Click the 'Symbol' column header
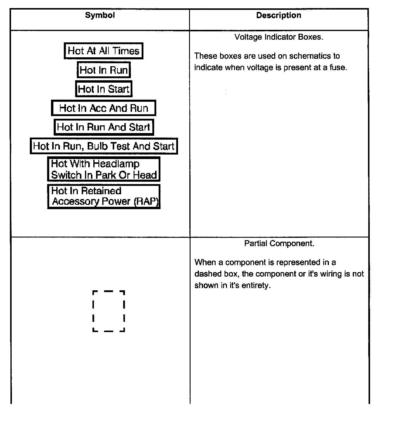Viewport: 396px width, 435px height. tap(100, 16)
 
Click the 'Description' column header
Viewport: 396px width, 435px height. tap(279, 16)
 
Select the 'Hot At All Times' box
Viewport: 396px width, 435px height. tap(103, 51)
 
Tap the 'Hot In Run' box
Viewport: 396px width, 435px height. tap(104, 70)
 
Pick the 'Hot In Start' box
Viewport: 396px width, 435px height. tap(104, 89)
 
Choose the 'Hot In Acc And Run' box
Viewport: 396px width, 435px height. tap(104, 108)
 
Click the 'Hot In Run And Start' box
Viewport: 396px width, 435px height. tap(104, 127)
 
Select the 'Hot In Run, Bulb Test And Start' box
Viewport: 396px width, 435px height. tap(104, 146)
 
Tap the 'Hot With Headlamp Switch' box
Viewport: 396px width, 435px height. tap(104, 169)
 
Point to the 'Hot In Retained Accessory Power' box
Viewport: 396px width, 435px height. tap(104, 196)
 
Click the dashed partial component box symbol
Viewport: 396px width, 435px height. tap(109, 311)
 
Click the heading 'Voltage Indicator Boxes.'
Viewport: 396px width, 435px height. tap(279, 37)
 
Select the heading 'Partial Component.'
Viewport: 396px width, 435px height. tap(279, 243)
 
